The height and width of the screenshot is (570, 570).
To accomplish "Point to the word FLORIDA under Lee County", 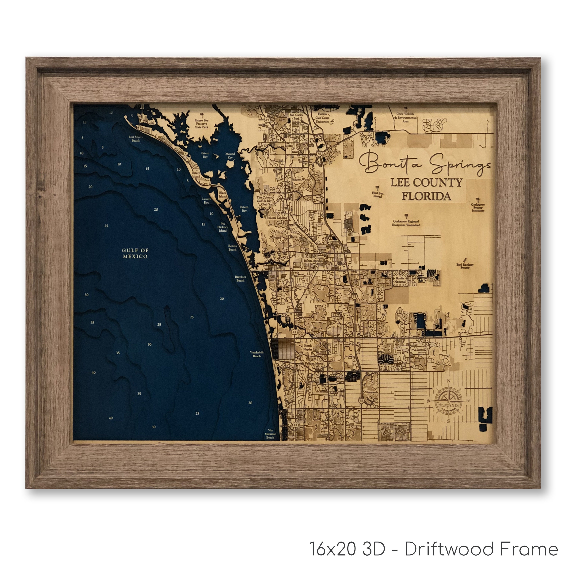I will tap(426, 196).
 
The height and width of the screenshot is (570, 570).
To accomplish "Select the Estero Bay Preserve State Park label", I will tap(202, 124).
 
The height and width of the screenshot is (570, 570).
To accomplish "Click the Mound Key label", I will tap(230, 155).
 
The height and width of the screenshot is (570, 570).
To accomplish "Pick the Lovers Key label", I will tap(206, 201).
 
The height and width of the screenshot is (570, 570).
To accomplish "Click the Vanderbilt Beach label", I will tap(257, 354).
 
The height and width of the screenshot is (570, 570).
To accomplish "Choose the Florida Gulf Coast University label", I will tap(322, 118).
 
